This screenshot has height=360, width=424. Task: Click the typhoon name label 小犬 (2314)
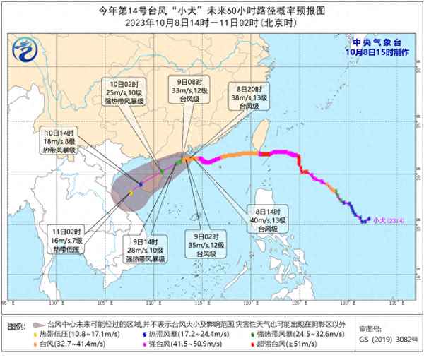tap(387, 218)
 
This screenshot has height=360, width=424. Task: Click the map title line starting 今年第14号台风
tap(211, 11)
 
